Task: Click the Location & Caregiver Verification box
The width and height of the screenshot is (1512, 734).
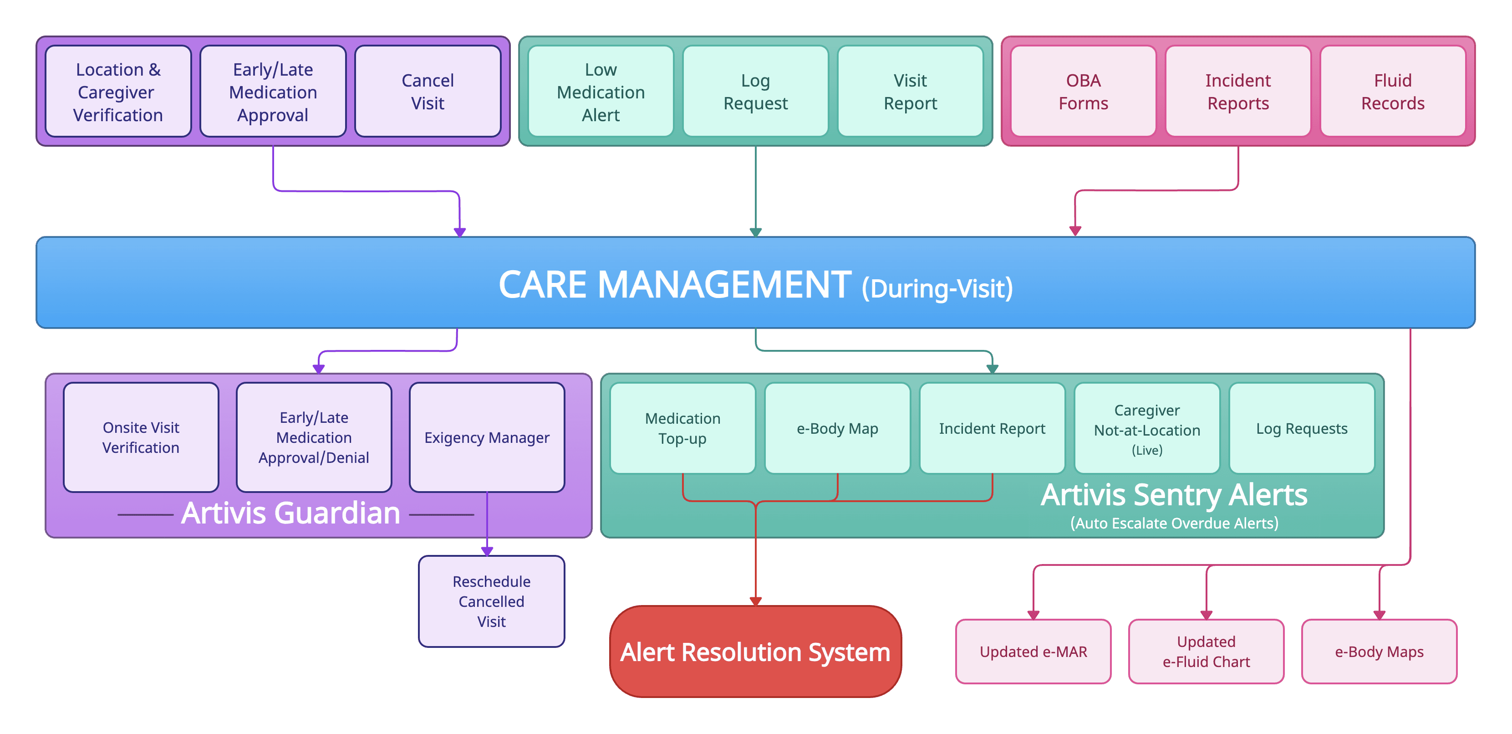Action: point(118,92)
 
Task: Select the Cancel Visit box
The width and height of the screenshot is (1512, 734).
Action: point(428,92)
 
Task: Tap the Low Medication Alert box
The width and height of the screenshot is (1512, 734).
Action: point(601,92)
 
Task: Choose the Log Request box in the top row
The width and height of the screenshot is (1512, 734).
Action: point(755,92)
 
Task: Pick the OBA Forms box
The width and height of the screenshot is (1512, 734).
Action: point(1083,92)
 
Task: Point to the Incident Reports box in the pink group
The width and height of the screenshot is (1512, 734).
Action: point(1238,92)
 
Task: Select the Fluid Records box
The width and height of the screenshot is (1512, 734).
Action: point(1392,92)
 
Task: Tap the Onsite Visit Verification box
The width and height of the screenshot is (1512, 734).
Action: point(141,437)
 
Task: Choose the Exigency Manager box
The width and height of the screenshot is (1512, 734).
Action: point(487,437)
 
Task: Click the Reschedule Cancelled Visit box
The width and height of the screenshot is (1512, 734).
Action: point(491,601)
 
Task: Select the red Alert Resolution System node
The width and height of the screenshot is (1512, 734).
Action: point(755,652)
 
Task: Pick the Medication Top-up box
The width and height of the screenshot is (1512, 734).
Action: point(682,428)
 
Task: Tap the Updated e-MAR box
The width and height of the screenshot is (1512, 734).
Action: point(1033,652)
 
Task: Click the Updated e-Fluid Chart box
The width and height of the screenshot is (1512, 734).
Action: point(1206,652)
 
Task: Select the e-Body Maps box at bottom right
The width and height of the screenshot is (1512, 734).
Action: point(1379,652)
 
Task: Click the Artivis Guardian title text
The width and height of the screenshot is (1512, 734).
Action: point(290,513)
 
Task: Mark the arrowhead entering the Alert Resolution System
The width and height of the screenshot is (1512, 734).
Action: point(755,601)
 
